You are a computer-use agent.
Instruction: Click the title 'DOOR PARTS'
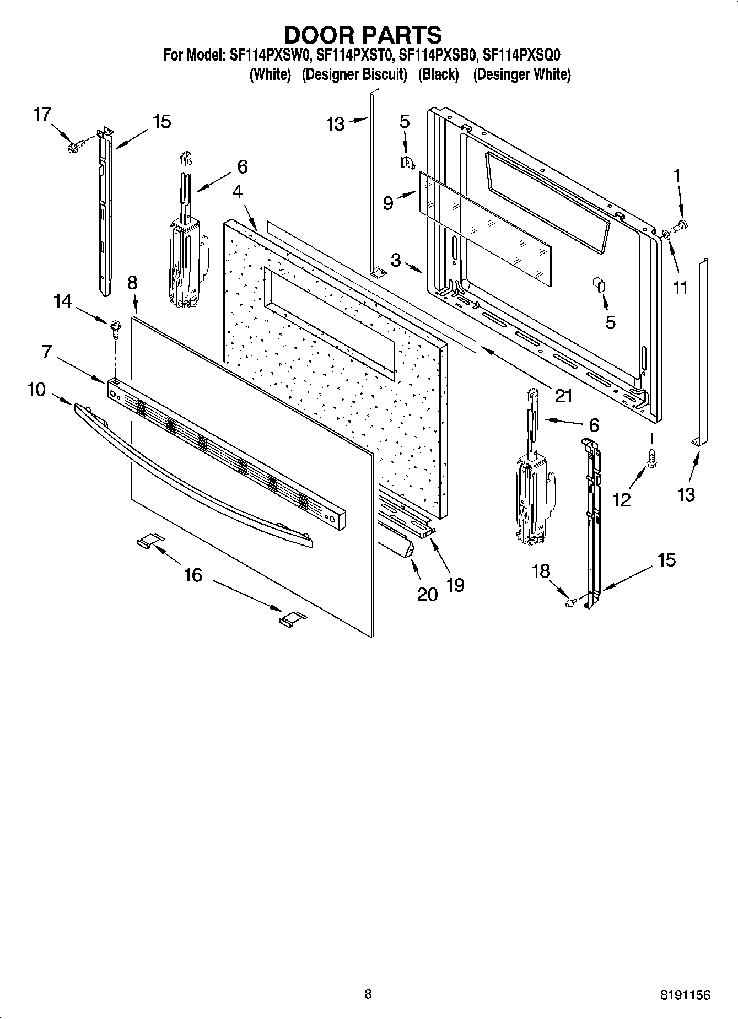tap(363, 35)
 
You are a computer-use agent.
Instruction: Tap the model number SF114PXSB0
tap(438, 55)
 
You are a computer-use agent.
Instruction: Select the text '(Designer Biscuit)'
tap(354, 74)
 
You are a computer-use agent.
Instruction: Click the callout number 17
tap(42, 115)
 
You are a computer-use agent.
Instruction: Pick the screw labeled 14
tap(116, 325)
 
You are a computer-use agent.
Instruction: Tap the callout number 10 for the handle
tap(36, 390)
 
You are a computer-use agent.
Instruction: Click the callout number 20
tap(427, 594)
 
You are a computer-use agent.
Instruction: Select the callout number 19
tap(455, 584)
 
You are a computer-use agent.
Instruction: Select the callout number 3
tap(396, 260)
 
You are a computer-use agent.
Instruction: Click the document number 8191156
tap(685, 995)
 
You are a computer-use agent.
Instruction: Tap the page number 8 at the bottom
tap(368, 994)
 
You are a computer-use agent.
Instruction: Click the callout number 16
tap(193, 575)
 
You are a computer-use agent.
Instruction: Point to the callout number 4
tap(237, 191)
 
